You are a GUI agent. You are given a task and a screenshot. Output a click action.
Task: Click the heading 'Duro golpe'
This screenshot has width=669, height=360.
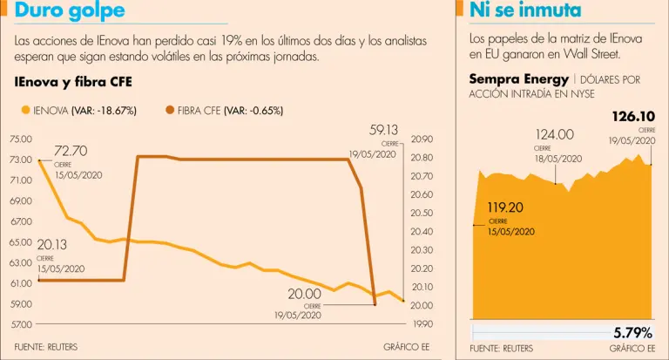(70, 11)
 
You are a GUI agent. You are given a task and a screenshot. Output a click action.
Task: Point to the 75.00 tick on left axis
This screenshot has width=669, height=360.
(21, 139)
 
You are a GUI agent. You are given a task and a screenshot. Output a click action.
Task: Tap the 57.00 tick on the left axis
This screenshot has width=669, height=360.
(21, 324)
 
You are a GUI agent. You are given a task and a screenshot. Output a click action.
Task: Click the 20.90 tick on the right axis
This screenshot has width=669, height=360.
(422, 139)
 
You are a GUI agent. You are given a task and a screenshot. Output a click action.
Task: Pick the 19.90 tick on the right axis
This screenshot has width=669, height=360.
(422, 324)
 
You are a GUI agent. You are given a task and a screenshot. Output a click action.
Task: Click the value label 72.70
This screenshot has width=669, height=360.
(71, 152)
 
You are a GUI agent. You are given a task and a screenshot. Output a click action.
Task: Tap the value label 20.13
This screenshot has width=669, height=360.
(52, 246)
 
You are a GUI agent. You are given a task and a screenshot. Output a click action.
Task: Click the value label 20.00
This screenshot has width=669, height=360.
(305, 295)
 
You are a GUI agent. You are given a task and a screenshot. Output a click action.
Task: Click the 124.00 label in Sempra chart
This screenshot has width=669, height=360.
(554, 135)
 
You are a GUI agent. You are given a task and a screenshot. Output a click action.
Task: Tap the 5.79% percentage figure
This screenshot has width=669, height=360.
(632, 332)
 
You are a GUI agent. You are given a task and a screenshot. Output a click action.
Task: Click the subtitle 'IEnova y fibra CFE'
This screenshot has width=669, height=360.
(72, 83)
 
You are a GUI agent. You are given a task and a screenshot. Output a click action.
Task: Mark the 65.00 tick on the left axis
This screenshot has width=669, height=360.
(21, 242)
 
